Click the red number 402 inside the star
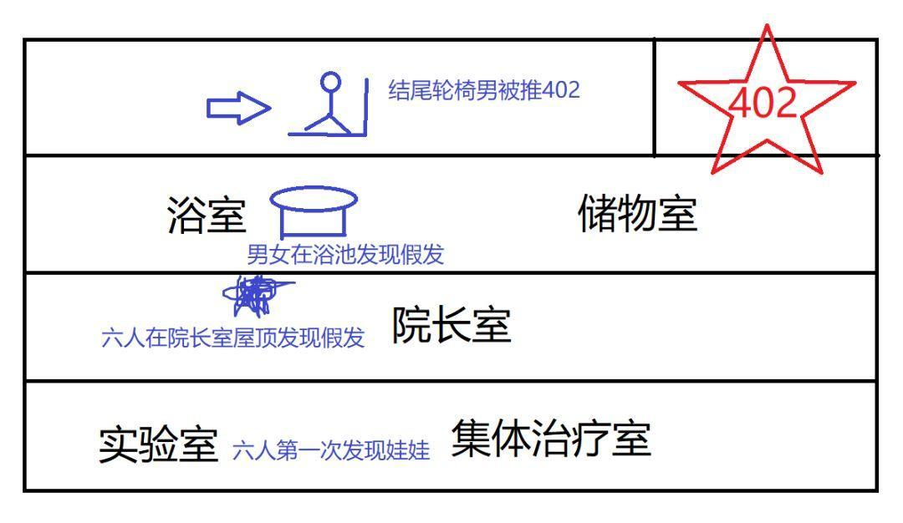[763, 103]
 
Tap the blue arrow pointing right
[238, 108]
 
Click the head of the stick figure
[332, 82]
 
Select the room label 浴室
[207, 216]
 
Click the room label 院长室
[451, 325]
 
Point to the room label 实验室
[158, 444]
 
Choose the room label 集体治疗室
[551, 439]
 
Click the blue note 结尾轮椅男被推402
[484, 90]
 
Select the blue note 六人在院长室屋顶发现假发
[232, 338]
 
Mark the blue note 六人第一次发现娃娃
[331, 451]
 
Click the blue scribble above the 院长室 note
[253, 295]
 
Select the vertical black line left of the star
[654, 96]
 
